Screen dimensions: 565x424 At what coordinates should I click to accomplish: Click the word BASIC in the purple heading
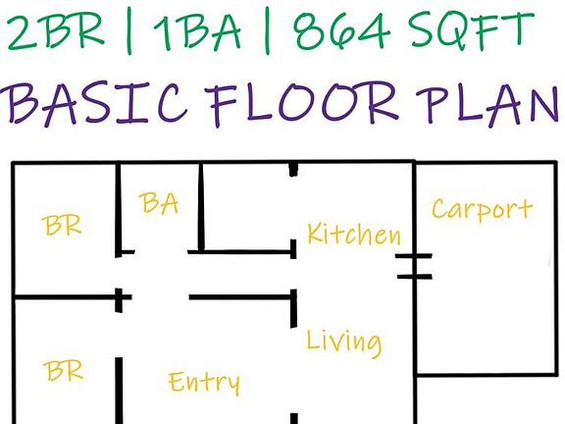[x=94, y=103]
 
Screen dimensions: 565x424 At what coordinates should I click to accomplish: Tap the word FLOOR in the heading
[x=301, y=105]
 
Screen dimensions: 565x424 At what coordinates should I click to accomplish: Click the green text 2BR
[x=56, y=32]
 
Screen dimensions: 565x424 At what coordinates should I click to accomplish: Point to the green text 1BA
[x=197, y=33]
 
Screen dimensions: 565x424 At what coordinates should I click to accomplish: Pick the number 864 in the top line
[x=341, y=31]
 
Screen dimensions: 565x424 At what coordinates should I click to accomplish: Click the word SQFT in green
[x=471, y=29]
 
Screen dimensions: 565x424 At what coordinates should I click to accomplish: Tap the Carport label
[x=483, y=209]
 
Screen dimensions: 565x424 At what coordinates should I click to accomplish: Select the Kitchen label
[x=354, y=234]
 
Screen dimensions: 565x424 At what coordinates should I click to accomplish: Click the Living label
[x=343, y=342]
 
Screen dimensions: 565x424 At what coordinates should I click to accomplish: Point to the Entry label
[x=204, y=383]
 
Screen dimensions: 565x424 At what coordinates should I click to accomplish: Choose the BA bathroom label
[x=159, y=203]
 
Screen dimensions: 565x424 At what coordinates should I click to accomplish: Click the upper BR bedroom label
[x=62, y=225]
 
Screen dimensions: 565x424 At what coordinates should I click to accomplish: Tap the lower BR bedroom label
[x=63, y=370]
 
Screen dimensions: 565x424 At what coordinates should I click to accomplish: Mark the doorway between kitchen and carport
[x=414, y=266]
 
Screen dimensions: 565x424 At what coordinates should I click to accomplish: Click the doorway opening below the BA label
[x=161, y=251]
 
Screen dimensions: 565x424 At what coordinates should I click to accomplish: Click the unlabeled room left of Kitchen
[x=247, y=207]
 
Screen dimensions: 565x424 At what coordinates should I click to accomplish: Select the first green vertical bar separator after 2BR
[x=129, y=33]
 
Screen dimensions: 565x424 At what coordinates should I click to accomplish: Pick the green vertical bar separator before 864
[x=267, y=33]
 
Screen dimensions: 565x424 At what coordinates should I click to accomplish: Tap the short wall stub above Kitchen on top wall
[x=293, y=170]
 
